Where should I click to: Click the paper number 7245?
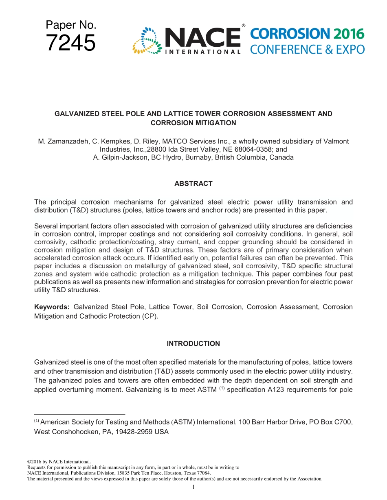click(x=71, y=43)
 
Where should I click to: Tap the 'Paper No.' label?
click(x=71, y=25)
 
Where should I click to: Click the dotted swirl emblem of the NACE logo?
click(x=146, y=41)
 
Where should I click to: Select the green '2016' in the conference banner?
click(x=349, y=34)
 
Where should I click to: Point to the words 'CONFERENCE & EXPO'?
click(x=307, y=50)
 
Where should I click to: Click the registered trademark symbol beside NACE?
click(x=243, y=26)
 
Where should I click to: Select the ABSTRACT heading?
click(x=193, y=184)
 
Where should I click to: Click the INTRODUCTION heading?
click(x=193, y=344)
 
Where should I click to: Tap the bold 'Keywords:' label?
click(x=52, y=307)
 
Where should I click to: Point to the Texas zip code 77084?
click(x=203, y=473)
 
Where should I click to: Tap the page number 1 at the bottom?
click(x=193, y=487)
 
